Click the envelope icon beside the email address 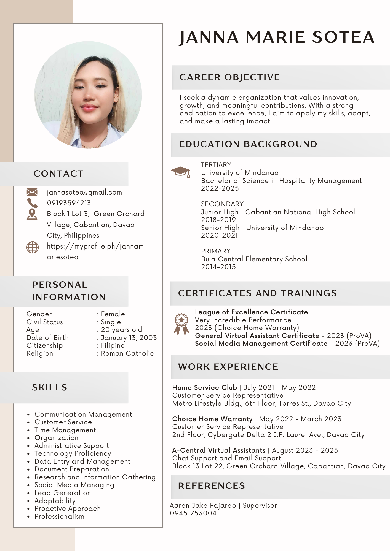[32, 192]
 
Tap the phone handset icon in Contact [32, 203]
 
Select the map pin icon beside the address [32, 214]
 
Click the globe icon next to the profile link [32, 247]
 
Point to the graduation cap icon [181, 172]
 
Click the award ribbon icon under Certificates [181, 324]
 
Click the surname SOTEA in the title [343, 37]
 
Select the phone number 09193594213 [69, 203]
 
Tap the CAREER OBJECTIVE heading [229, 77]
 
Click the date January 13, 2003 [129, 337]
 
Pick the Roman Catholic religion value [127, 353]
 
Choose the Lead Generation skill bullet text [63, 493]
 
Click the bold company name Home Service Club [204, 387]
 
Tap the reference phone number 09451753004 [193, 513]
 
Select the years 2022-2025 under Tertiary [220, 188]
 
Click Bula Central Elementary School [254, 259]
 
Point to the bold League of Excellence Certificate [251, 312]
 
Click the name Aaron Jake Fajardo [203, 505]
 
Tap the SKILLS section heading [50, 387]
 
